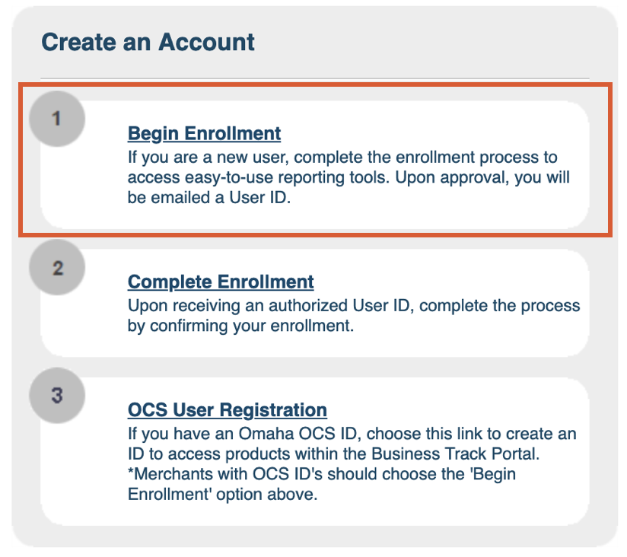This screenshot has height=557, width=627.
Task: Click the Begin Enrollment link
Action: [204, 134]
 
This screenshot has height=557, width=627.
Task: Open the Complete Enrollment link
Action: [221, 282]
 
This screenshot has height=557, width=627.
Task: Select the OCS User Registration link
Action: [227, 410]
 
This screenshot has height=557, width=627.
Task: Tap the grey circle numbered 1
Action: [57, 119]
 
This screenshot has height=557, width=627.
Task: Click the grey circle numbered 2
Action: [57, 268]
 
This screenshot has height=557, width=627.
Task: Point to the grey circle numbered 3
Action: [57, 396]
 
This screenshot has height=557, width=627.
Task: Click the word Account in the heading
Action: [206, 42]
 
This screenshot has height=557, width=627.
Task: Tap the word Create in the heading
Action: [79, 42]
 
